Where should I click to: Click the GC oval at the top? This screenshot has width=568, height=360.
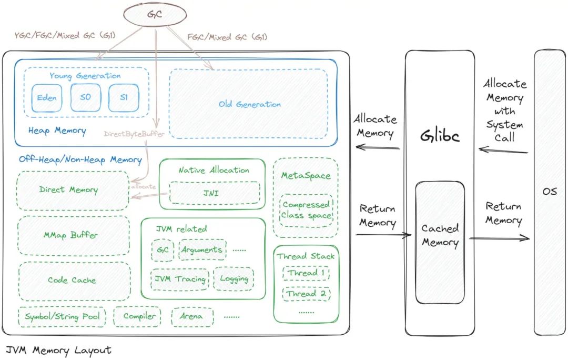tap(156, 15)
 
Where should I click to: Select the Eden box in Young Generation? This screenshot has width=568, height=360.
tap(47, 98)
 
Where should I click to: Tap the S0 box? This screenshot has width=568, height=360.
tap(85, 98)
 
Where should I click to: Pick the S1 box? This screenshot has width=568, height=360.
tap(123, 98)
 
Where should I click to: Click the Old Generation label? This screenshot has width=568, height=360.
tap(249, 104)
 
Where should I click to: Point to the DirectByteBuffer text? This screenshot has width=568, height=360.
tap(134, 134)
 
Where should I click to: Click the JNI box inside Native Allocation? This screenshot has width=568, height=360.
tap(214, 193)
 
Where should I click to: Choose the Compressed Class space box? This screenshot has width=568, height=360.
tap(306, 209)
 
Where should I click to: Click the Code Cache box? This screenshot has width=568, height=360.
tap(72, 281)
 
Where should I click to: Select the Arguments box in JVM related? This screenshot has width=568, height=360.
tap(202, 249)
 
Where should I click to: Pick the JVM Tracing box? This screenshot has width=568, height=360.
tap(179, 279)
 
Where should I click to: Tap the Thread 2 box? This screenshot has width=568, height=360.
tap(306, 294)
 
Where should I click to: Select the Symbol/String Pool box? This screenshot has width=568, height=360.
tap(62, 316)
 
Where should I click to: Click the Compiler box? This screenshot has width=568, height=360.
tap(139, 316)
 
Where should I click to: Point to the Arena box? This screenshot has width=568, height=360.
tap(192, 317)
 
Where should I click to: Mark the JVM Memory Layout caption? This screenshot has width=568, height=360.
tap(58, 351)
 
